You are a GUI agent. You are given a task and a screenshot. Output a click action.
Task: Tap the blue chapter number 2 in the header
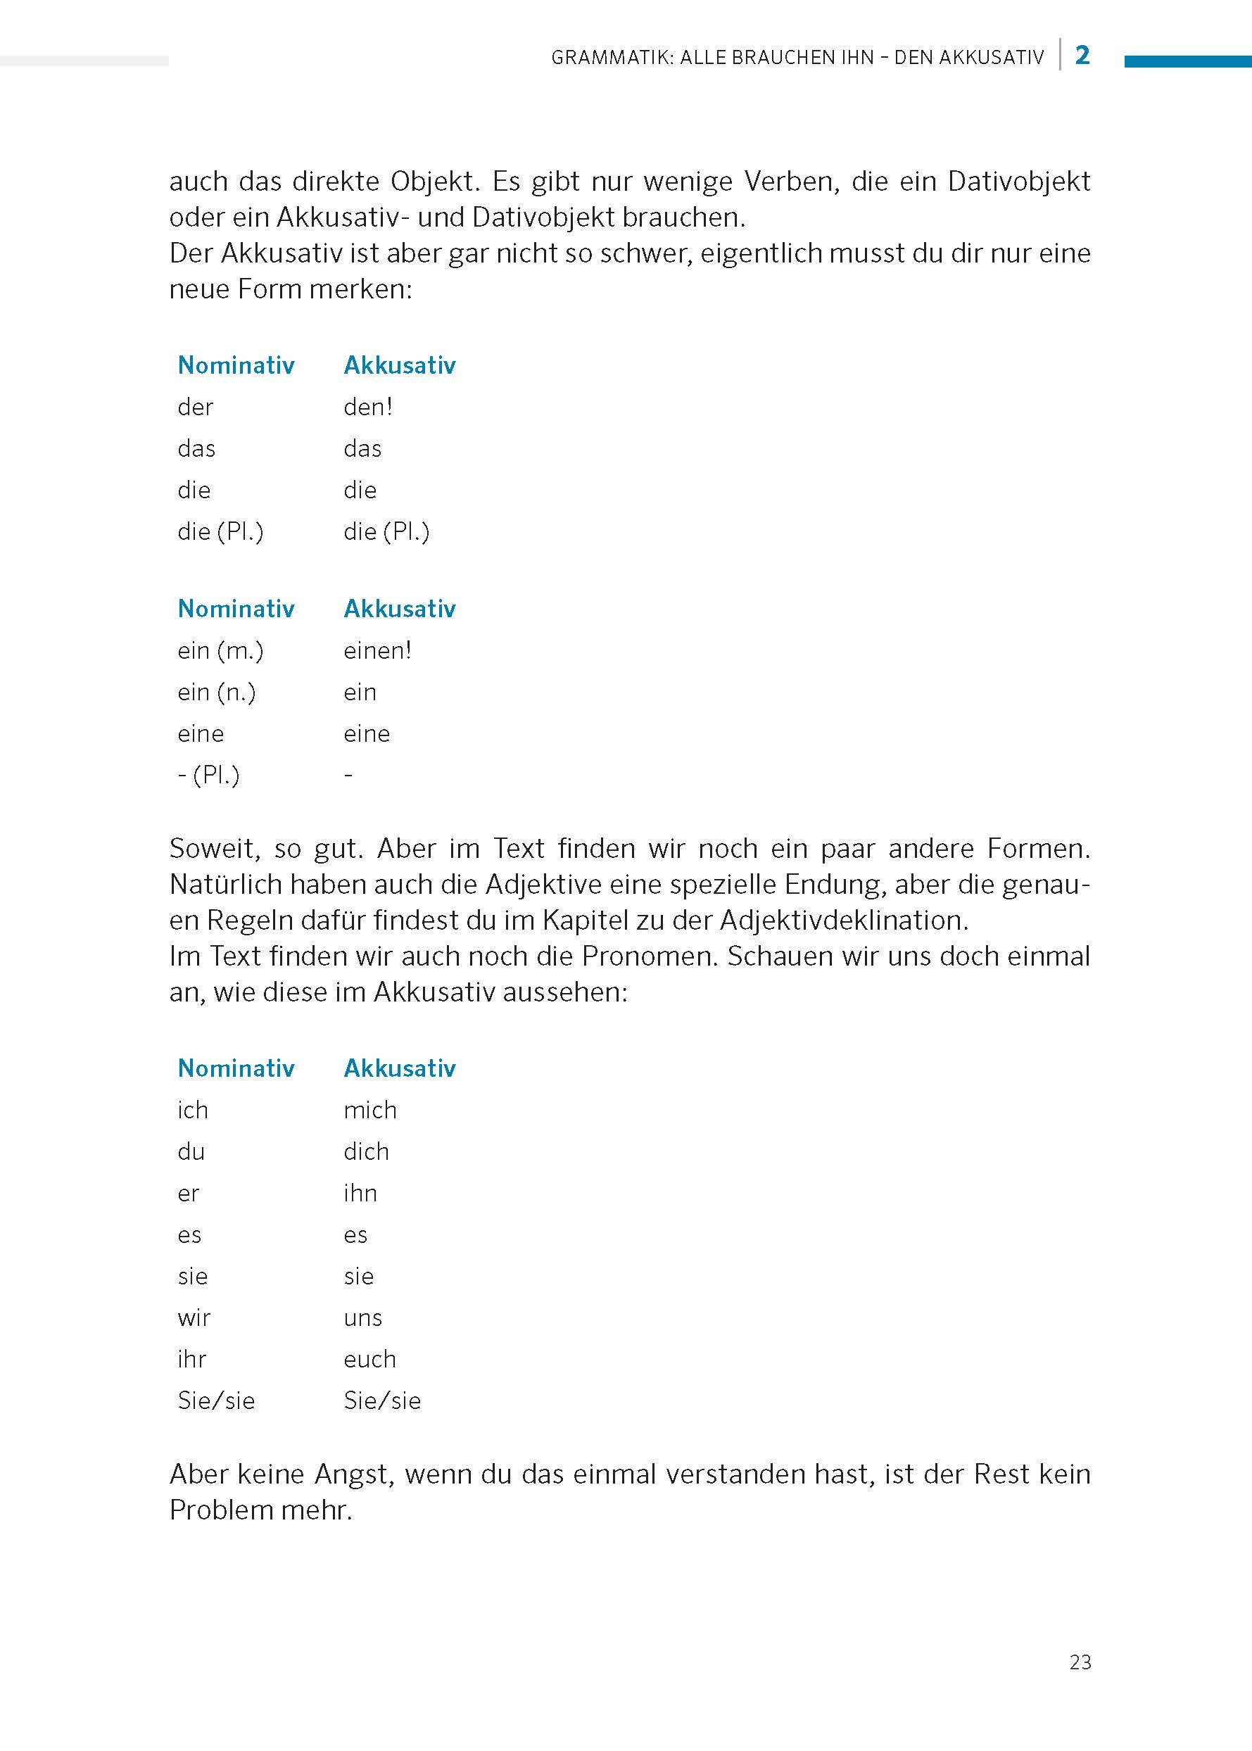point(1082,55)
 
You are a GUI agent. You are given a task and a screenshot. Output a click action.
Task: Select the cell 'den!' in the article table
point(368,407)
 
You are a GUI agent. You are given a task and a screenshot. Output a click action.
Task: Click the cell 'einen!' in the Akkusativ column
point(377,651)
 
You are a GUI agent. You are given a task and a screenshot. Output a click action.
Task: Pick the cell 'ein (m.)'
point(220,651)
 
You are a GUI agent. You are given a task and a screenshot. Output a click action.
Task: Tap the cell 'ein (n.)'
point(216,693)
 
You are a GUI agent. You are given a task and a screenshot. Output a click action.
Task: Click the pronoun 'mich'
point(370,1111)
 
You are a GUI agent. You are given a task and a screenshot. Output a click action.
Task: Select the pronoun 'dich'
point(366,1152)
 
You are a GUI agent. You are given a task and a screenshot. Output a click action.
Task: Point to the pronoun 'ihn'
point(360,1194)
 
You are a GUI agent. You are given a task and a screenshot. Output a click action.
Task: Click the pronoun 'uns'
point(362,1318)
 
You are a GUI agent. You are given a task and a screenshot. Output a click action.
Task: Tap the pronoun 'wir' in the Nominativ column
point(194,1318)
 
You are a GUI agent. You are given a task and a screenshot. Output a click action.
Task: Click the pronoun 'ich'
point(193,1111)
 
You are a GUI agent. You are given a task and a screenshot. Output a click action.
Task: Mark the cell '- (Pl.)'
point(208,775)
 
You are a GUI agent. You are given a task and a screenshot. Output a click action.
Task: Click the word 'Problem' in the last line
point(220,1510)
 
